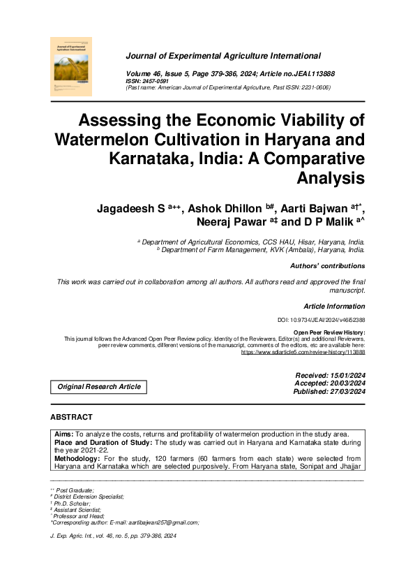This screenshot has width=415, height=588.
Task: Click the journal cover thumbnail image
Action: [x=72, y=68]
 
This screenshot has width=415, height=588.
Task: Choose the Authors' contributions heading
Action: [x=327, y=266]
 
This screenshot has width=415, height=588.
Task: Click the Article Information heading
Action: [x=334, y=307]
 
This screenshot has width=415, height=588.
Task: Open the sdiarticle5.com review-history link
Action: [x=303, y=353]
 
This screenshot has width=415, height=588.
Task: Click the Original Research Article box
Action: [x=99, y=387]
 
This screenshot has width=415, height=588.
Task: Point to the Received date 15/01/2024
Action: [x=331, y=376]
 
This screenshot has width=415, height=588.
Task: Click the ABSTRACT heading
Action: [x=71, y=417]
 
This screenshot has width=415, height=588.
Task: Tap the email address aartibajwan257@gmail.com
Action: [x=159, y=522]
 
